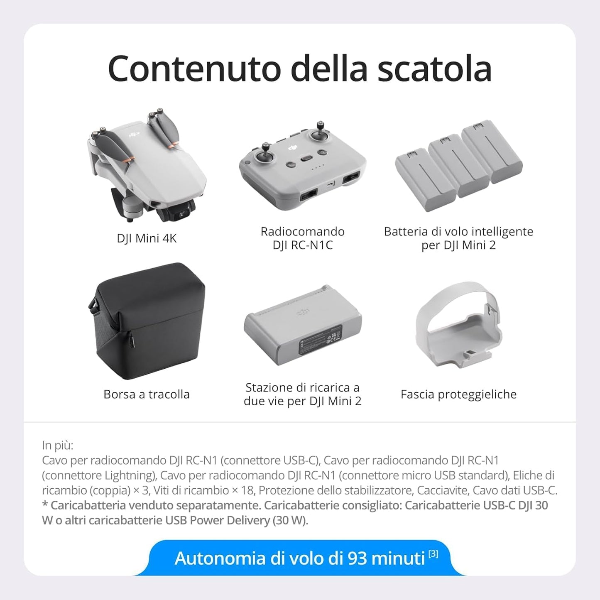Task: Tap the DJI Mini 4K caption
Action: coord(147,238)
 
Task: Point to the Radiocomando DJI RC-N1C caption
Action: coord(302,238)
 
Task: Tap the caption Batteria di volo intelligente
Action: coord(458,232)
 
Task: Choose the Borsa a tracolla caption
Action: coord(147,394)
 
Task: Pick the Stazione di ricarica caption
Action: coord(302,394)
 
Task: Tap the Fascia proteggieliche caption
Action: coord(458,394)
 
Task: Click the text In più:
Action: coord(58,445)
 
